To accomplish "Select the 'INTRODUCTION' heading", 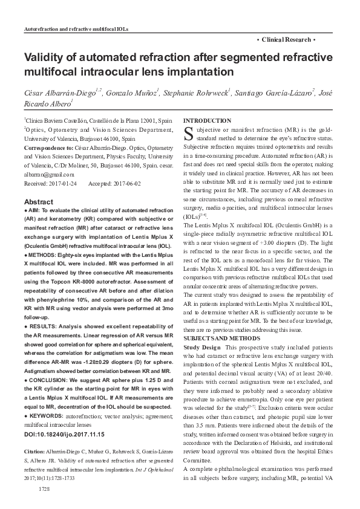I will point(207,121).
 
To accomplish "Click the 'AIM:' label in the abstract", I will point(35,209).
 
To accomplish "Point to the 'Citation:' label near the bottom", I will point(36,435).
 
